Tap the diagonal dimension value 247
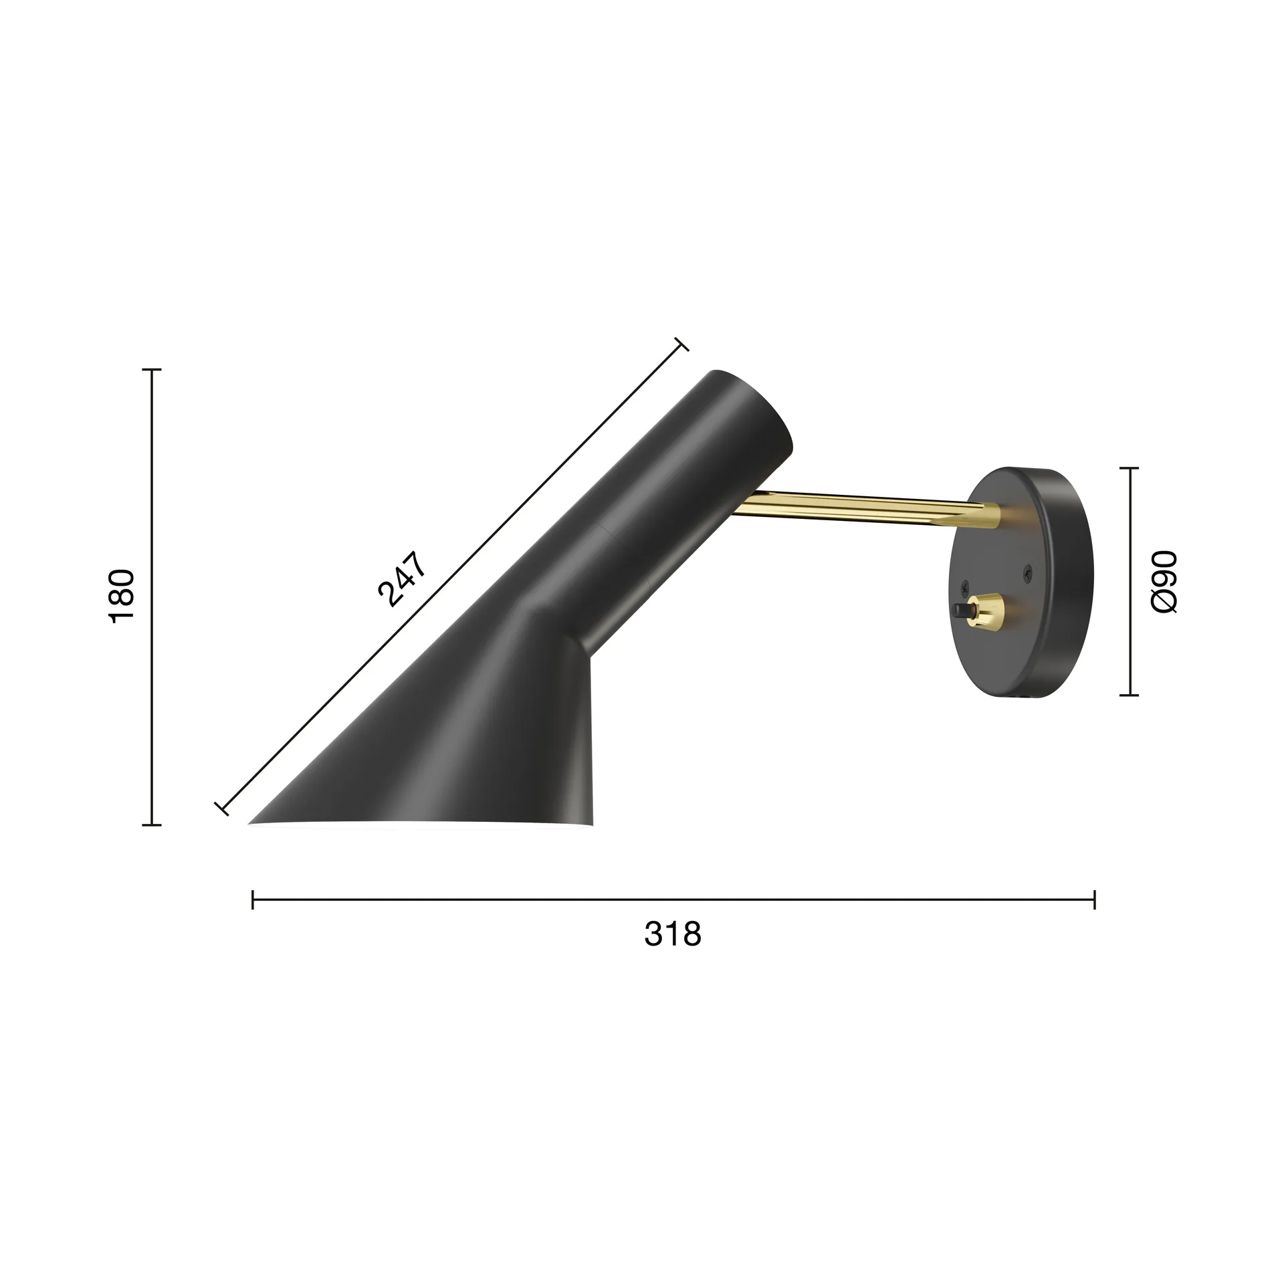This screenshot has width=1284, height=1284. click(x=402, y=579)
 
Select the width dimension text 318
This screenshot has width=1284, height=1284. click(x=673, y=934)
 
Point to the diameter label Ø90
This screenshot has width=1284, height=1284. click(x=1164, y=582)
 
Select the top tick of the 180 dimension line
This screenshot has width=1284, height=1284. click(x=152, y=369)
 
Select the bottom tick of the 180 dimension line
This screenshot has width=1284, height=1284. click(x=152, y=825)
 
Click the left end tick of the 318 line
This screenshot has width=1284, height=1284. click(x=253, y=900)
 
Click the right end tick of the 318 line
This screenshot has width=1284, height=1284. click(x=1094, y=900)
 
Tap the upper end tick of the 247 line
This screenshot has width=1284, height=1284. click(x=681, y=344)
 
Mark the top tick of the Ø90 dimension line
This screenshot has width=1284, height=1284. click(x=1130, y=469)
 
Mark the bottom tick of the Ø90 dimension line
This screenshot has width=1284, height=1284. click(x=1130, y=695)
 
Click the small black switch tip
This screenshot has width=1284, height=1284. click(x=963, y=610)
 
